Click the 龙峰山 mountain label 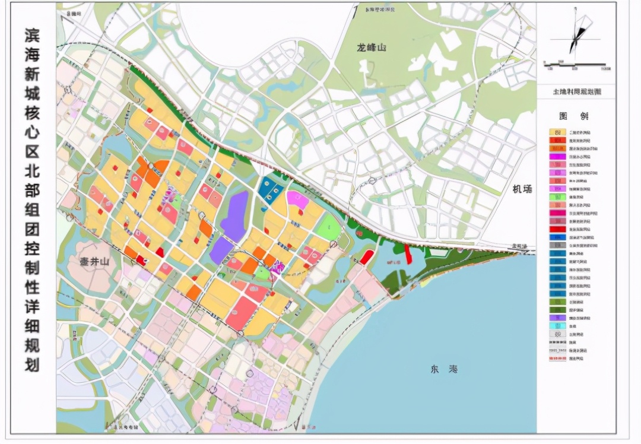click(x=373, y=47)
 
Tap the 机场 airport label click(x=523, y=189)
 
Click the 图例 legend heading click(x=573, y=116)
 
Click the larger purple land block click(x=235, y=216)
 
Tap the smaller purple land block click(x=221, y=250)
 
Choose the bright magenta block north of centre click(x=297, y=199)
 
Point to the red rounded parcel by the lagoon click(x=367, y=257)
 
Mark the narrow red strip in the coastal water click(x=408, y=254)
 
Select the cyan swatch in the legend click(x=557, y=326)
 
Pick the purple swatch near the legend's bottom click(x=557, y=318)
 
